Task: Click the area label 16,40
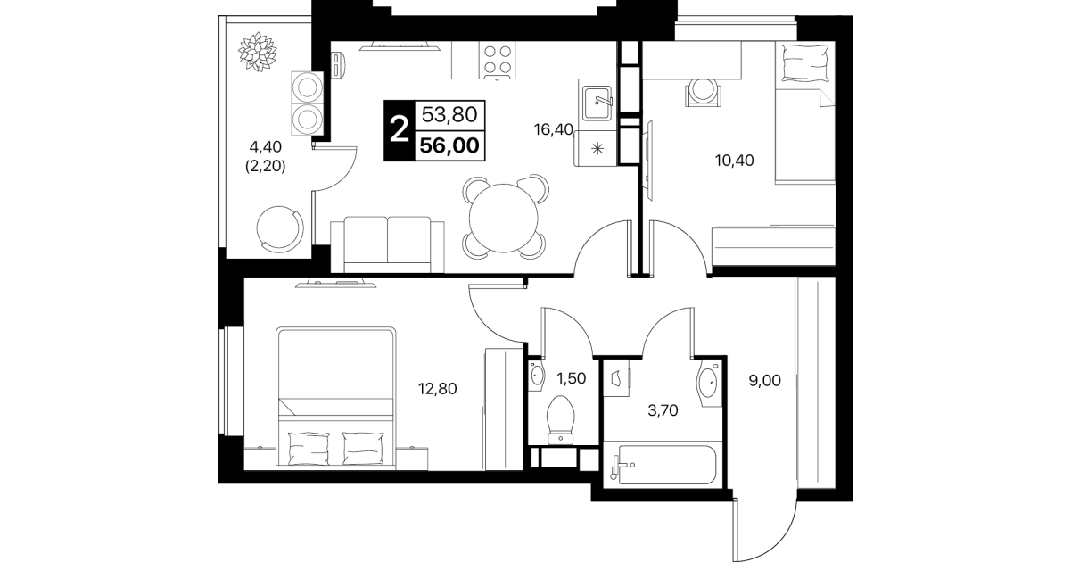coord(553,129)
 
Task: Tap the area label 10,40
coord(735,161)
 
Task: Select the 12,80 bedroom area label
coord(438,388)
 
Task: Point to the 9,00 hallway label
coord(764,381)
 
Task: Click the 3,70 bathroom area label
coord(663,410)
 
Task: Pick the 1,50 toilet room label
coord(571,378)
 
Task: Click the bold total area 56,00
coord(449,145)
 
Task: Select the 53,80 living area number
coord(449,115)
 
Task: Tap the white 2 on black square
coord(400,130)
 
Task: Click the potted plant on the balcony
coord(258,52)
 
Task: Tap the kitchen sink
coord(597,103)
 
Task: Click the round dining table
coord(504,218)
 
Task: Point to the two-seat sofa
coord(387,245)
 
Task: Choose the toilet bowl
coord(560,419)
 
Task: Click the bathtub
coord(663,465)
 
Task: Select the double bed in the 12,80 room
coord(336,398)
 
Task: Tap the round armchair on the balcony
coord(280,229)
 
